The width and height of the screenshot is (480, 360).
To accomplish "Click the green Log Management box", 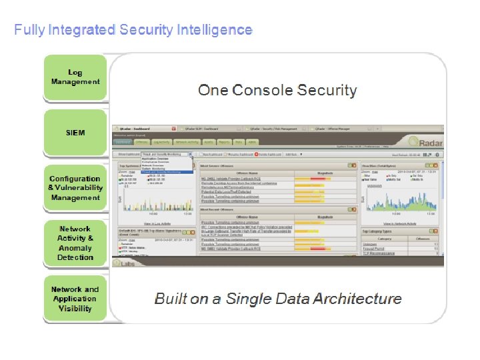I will pyautogui.click(x=75, y=77).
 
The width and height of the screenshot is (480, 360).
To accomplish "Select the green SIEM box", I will pyautogui.click(x=75, y=133).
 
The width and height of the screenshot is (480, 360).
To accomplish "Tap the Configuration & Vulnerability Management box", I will pyautogui.click(x=75, y=188).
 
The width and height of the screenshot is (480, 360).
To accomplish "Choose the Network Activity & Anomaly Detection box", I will pyautogui.click(x=75, y=243).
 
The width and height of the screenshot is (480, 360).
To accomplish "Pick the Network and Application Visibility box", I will pyautogui.click(x=75, y=299).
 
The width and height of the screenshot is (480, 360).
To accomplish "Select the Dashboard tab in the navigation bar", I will pyautogui.click(x=123, y=142).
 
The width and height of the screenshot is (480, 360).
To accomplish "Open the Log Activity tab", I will pyautogui.click(x=161, y=142).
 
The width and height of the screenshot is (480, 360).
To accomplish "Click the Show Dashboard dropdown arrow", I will pyautogui.click(x=191, y=153).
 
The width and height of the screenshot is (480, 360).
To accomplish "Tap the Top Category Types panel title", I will pyautogui.click(x=377, y=231).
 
